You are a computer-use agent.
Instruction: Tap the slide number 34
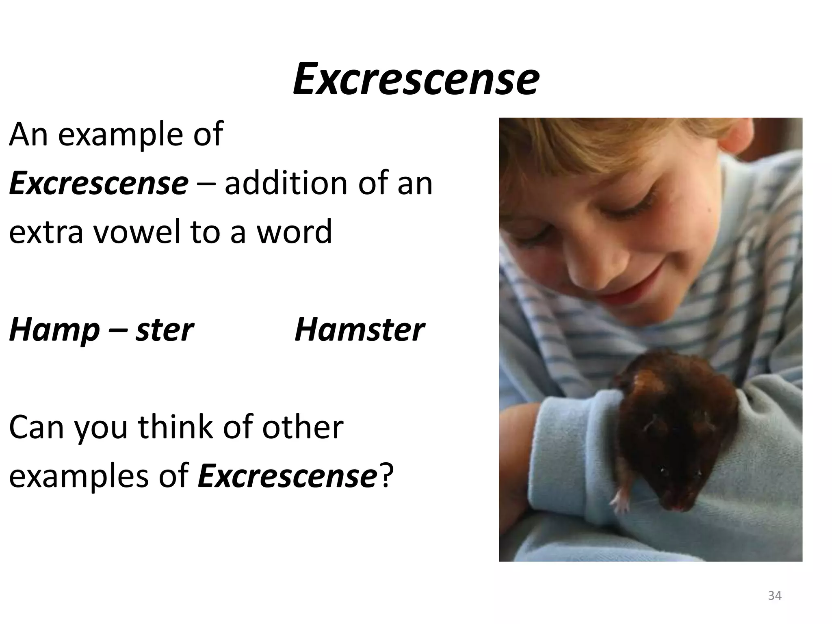[775, 596]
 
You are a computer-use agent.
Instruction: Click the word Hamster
[359, 329]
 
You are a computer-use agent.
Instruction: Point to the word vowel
[137, 232]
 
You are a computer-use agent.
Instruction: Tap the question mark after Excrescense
[386, 476]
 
